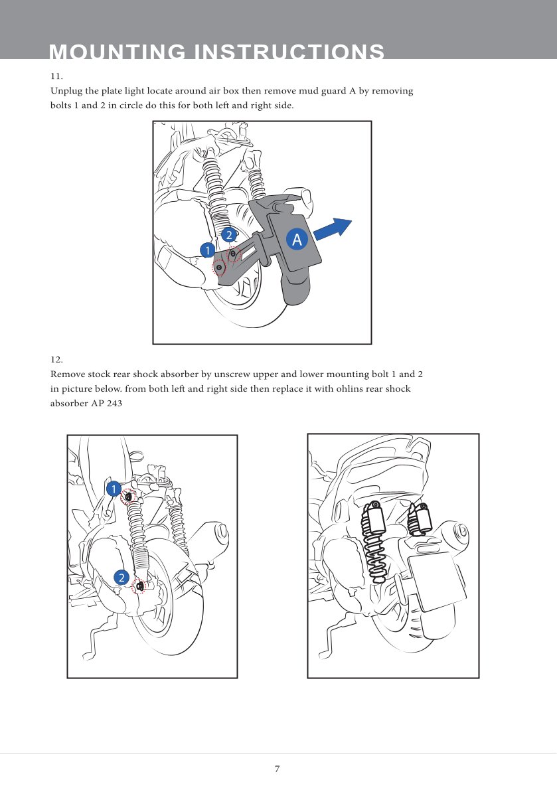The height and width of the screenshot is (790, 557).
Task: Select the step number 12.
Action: coord(56,359)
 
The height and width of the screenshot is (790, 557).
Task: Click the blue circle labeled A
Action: coord(297,240)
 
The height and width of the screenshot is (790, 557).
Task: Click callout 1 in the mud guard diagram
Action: coord(208,250)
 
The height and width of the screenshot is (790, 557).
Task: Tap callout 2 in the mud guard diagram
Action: coord(228,235)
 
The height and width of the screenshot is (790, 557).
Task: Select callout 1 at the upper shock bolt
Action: coord(114,489)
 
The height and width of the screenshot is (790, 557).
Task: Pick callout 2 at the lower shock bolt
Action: coord(121,578)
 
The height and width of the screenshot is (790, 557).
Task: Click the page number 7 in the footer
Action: coord(278,769)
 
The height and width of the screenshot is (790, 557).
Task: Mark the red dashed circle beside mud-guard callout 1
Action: coord(218,268)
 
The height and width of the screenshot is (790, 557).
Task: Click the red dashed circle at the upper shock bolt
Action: coord(129,497)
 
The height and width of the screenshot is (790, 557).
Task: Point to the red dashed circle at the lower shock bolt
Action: coord(139,586)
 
